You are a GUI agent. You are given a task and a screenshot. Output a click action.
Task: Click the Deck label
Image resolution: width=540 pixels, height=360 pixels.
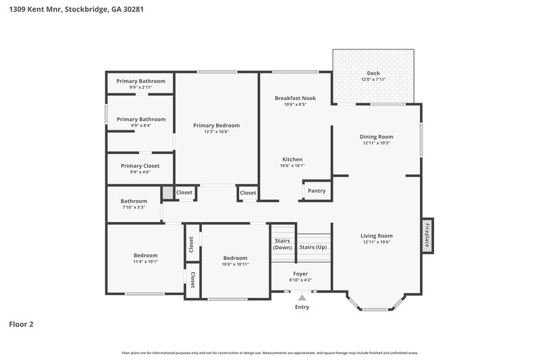point(373,74)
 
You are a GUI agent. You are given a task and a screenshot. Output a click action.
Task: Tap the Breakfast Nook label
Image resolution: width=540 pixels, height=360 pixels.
point(295,99)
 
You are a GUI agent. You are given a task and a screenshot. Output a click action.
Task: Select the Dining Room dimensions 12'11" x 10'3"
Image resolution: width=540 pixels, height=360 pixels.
point(376,143)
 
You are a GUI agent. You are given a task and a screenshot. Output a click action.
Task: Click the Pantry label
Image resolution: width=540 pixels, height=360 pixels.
point(316,191)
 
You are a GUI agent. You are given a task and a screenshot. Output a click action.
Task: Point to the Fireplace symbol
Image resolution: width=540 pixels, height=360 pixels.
point(427,235)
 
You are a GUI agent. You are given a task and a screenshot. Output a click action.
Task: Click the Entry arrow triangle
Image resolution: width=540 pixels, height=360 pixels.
point(302,297)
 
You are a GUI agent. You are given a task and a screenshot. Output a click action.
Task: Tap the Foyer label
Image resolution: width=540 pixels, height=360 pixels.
point(300,274)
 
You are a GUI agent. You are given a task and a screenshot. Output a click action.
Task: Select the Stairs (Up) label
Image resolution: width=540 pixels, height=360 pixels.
point(313,247)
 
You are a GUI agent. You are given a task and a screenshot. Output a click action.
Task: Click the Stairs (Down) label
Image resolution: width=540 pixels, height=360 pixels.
point(282,244)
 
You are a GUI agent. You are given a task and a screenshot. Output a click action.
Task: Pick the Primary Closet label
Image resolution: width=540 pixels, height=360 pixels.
point(140,166)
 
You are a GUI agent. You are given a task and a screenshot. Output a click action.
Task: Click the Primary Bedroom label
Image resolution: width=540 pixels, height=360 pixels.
point(216,126)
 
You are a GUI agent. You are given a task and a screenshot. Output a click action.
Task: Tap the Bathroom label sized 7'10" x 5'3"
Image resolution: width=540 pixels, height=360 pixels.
point(134,201)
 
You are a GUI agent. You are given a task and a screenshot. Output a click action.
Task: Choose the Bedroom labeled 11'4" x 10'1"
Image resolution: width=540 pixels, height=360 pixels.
point(145,255)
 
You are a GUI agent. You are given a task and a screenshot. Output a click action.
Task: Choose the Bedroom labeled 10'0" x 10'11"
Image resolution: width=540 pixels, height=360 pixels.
point(235,258)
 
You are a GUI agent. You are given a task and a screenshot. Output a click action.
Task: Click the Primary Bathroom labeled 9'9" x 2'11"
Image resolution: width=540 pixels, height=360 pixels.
point(141,81)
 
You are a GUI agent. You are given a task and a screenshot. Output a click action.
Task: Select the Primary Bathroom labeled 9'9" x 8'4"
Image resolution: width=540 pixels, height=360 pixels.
point(141,120)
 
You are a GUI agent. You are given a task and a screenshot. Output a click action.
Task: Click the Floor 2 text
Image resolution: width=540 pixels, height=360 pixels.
point(21,324)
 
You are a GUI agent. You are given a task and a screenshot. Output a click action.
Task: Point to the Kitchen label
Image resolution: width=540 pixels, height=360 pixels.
point(292,159)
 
